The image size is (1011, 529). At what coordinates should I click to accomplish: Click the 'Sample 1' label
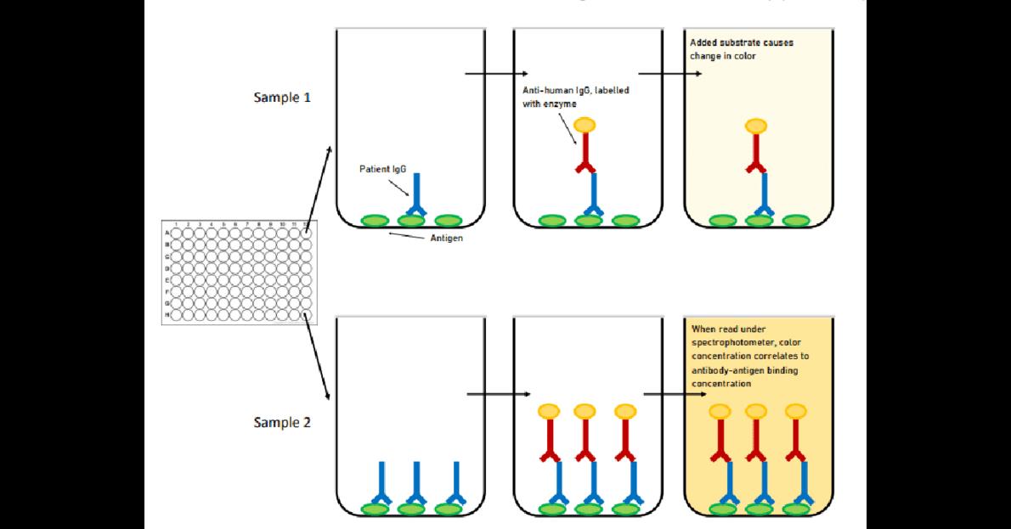coord(282,97)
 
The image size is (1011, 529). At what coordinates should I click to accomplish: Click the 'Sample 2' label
coord(282,422)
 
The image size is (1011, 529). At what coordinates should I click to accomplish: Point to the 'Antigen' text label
coord(447,239)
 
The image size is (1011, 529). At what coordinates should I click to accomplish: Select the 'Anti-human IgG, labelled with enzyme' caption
coord(576,96)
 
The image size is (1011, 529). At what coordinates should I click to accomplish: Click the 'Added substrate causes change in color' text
coord(742,49)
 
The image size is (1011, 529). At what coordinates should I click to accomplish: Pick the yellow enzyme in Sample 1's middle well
coord(585,126)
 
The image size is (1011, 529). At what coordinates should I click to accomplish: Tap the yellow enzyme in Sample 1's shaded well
coord(755,127)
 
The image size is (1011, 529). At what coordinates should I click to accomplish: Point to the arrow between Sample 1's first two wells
coord(496,74)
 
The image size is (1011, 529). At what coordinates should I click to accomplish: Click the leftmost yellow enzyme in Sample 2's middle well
coord(549,412)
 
